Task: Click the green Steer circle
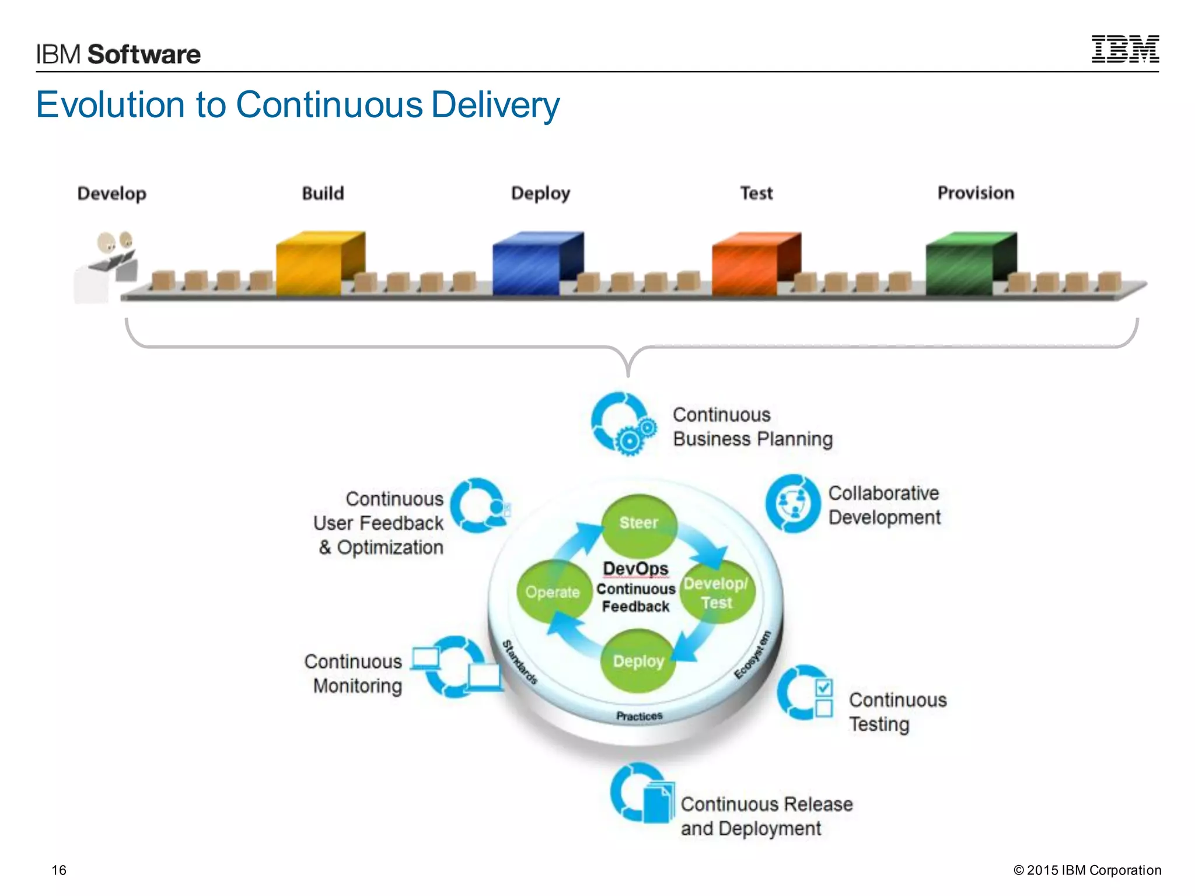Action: [x=639, y=523]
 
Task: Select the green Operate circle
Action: [x=552, y=593]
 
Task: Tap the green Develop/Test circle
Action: [x=717, y=593]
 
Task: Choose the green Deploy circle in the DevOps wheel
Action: [x=638, y=661]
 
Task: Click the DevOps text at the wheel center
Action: [x=635, y=568]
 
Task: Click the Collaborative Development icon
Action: [x=794, y=503]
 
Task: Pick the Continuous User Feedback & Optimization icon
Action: [x=479, y=506]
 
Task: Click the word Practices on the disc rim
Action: [x=639, y=716]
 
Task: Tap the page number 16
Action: [x=59, y=870]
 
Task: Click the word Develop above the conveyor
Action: [x=111, y=193]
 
